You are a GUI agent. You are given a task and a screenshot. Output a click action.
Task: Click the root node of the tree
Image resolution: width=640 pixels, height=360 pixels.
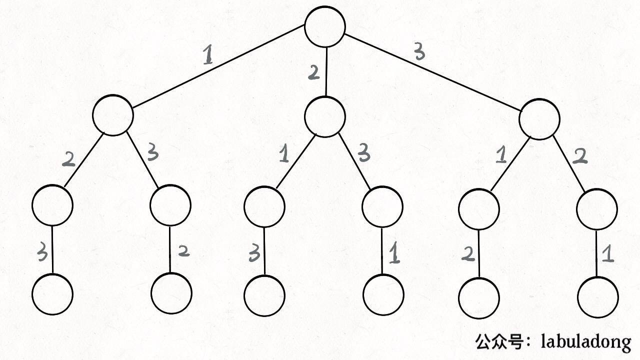pos(325,26)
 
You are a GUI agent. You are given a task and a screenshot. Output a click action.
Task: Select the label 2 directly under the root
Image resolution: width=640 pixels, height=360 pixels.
pos(313,73)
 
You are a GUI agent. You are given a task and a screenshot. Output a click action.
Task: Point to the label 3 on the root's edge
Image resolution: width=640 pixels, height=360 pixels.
pos(419,51)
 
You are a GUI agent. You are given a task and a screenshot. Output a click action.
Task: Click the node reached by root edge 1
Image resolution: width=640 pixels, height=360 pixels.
pos(113,115)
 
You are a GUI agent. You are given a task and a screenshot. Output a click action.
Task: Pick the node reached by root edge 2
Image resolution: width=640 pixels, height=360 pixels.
pos(325,116)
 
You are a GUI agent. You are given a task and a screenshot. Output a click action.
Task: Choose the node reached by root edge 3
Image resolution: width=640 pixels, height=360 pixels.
pos(539,119)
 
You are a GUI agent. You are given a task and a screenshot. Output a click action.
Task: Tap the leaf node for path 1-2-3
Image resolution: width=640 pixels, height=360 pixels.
pos(52,294)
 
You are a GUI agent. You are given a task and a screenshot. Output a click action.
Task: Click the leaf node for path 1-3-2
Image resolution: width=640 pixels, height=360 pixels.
pos(171,293)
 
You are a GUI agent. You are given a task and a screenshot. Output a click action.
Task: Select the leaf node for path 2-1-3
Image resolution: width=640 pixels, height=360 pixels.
pos(264,294)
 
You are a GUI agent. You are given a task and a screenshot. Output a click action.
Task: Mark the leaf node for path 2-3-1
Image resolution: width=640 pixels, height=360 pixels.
pos(383,294)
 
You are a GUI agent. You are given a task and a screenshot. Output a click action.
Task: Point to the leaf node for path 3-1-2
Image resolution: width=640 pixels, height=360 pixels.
pos(478,298)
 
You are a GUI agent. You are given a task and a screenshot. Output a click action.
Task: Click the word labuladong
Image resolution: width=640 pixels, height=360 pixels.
pos(586,342)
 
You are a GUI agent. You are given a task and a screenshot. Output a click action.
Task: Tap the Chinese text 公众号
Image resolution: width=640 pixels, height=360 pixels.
pos(498,342)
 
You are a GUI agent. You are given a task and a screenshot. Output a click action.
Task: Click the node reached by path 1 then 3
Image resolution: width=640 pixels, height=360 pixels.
pos(170,205)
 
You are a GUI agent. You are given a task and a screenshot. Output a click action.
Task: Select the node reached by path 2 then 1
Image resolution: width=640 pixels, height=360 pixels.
pos(264,206)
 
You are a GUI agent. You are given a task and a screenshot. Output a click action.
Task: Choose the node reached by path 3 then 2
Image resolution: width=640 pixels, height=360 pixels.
pos(596,209)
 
